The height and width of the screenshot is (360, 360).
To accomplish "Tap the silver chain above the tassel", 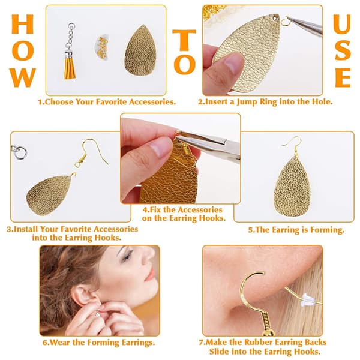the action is point(70,38).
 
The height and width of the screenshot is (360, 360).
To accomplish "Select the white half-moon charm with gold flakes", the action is point(102,47).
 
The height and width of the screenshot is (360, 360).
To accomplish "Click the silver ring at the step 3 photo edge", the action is point(20,152).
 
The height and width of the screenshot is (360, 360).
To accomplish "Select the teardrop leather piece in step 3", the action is point(49,194).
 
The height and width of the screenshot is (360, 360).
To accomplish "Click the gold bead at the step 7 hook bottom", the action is point(269,332).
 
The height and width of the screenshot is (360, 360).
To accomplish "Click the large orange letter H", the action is point(23,24).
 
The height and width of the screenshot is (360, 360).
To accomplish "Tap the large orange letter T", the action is point(184,40).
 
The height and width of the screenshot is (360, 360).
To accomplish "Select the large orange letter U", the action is point(342,24).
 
